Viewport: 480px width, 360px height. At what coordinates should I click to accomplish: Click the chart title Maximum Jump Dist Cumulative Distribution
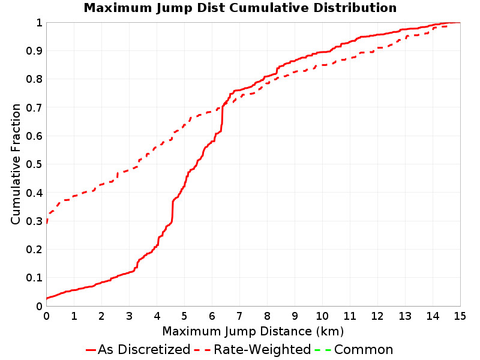(240, 8)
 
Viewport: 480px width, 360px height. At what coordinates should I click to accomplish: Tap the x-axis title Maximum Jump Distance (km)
(253, 331)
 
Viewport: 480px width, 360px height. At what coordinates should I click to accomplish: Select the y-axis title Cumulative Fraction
(16, 164)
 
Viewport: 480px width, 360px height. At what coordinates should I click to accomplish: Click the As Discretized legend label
(144, 349)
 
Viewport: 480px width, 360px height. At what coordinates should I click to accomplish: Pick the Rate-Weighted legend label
(262, 349)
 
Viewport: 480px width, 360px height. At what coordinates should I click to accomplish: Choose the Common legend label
(364, 349)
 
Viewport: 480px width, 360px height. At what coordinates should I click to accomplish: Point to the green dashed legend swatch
(323, 350)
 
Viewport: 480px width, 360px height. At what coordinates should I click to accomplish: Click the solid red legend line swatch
(91, 350)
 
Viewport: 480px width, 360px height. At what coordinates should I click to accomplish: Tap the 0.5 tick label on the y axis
(34, 164)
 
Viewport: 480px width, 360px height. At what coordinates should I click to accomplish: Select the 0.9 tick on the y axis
(34, 51)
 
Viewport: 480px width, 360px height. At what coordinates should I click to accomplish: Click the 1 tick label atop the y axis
(39, 23)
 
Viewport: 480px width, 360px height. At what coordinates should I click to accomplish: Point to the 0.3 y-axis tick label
(34, 221)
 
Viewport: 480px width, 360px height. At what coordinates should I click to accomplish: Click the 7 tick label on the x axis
(239, 316)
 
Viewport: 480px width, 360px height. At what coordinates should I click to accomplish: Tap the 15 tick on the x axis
(460, 316)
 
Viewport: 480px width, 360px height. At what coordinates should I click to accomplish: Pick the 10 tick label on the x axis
(322, 316)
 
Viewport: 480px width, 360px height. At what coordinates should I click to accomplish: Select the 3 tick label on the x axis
(129, 316)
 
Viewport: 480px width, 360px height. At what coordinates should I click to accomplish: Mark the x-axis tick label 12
(377, 316)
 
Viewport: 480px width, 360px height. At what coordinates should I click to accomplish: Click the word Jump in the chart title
(175, 8)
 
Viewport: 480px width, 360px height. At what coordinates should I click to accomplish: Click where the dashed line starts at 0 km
(47, 223)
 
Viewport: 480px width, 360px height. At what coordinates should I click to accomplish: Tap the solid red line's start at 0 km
(47, 298)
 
